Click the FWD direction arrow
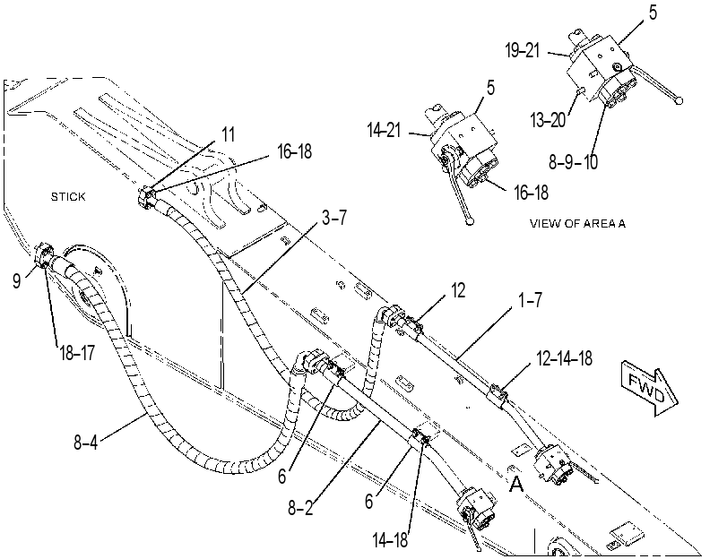(x=649, y=388)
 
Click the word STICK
(x=68, y=196)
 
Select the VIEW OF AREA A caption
(x=577, y=223)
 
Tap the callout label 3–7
(x=334, y=217)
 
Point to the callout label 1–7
(x=530, y=300)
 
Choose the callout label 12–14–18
(x=564, y=358)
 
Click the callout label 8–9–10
(x=573, y=162)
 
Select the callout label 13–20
(x=548, y=120)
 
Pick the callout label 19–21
(x=523, y=50)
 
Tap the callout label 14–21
(x=384, y=130)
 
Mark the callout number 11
(x=228, y=134)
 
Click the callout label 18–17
(x=77, y=353)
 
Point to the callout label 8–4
(x=86, y=442)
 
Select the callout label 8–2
(x=300, y=508)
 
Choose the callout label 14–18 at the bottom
(x=390, y=540)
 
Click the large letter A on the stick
(x=516, y=484)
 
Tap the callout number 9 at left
(x=17, y=281)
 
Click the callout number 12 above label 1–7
(x=458, y=290)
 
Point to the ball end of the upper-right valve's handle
(x=679, y=100)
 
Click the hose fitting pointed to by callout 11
(x=147, y=198)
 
